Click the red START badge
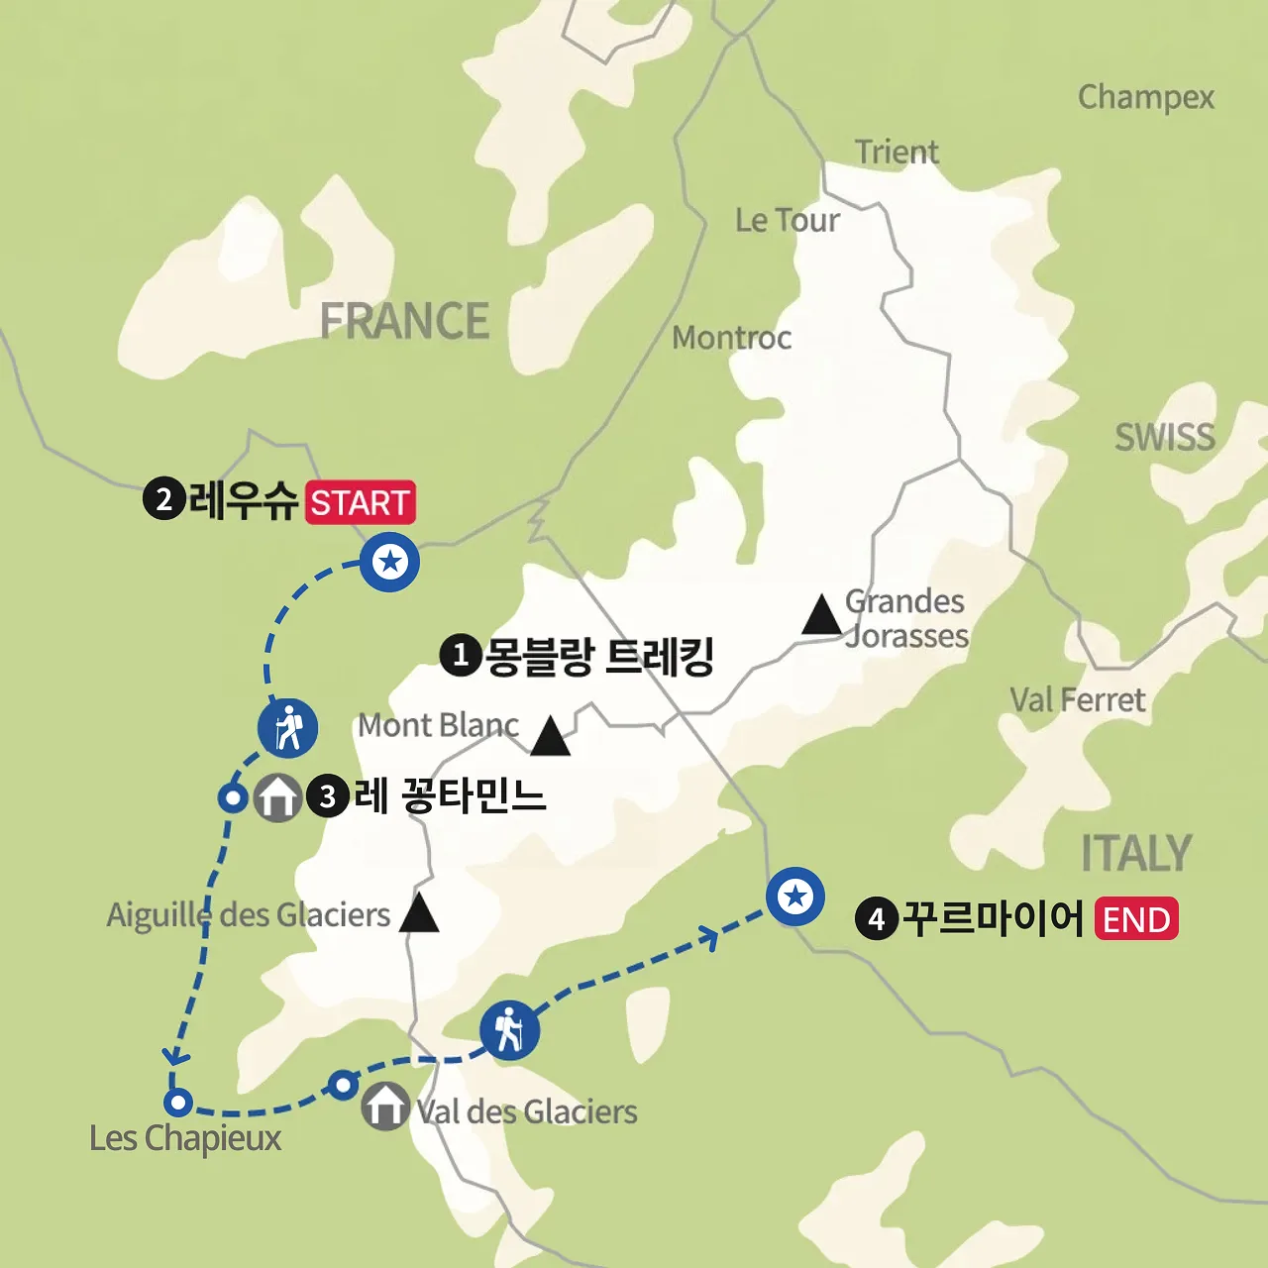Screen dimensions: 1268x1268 pos(360,502)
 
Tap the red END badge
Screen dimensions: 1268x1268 pos(1136,919)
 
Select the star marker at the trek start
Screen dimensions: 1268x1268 pos(390,563)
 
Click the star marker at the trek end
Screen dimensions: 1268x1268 pos(795,897)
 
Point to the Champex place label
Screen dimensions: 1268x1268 pos(1145,97)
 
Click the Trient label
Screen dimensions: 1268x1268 pos(897,152)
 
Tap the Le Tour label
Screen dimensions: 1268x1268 pos(787,220)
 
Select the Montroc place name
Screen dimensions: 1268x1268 pos(731,338)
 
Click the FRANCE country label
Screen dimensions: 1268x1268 pos(404,321)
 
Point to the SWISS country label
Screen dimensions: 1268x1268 pos(1164,437)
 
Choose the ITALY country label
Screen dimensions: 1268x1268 pos(1135,853)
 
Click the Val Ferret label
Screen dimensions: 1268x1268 pos(1077,700)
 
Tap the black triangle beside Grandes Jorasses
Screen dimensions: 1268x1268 pos(821,615)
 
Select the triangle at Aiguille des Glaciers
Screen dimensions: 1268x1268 pos(419,913)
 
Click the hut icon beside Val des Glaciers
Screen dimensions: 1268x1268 pos(384,1107)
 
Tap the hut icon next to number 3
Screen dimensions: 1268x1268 pos(278,796)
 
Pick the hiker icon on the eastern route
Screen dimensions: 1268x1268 pos(509,1029)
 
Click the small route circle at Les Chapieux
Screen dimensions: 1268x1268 pos(177,1102)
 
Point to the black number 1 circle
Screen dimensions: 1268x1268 pos(460,656)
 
